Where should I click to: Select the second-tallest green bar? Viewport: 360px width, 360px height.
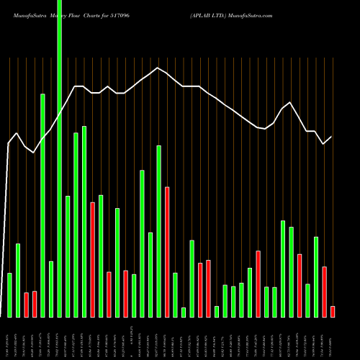pyautogui.click(x=42, y=205)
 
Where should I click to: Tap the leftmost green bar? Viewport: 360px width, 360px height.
pyautogui.click(x=9, y=294)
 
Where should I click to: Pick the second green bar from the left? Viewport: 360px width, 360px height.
pyautogui.click(x=18, y=280)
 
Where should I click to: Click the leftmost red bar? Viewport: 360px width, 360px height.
pyautogui.click(x=26, y=304)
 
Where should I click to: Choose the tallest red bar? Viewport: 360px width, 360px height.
pyautogui.click(x=167, y=251)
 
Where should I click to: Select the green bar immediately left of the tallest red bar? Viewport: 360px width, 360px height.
pyautogui.click(x=158, y=230)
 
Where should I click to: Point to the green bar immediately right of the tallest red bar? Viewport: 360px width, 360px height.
pyautogui.click(x=175, y=294)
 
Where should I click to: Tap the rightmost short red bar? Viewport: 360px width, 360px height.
pyautogui.click(x=333, y=311)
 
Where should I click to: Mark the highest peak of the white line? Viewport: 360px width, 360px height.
pyautogui.click(x=157, y=68)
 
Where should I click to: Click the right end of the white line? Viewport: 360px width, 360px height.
pyautogui.click(x=331, y=137)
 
